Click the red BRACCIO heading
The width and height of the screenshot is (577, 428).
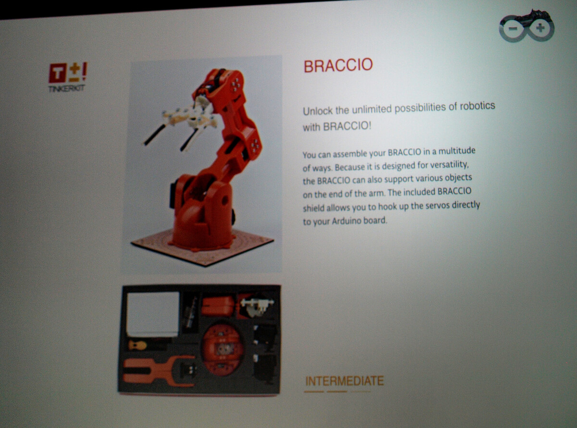(x=338, y=65)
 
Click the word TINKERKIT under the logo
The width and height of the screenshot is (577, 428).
(x=67, y=88)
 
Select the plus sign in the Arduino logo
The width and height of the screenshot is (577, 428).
(x=540, y=28)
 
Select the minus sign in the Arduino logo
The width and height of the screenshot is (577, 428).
(x=513, y=28)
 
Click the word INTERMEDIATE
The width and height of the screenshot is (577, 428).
(x=344, y=381)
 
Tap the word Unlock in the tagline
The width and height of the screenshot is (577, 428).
(x=318, y=111)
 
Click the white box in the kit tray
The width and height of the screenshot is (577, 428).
(x=153, y=314)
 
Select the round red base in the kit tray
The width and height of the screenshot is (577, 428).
(x=223, y=349)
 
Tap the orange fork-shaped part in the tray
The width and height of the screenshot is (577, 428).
(x=159, y=372)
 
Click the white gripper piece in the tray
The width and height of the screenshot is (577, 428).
(x=256, y=306)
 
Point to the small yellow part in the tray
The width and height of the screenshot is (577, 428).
(x=137, y=345)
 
